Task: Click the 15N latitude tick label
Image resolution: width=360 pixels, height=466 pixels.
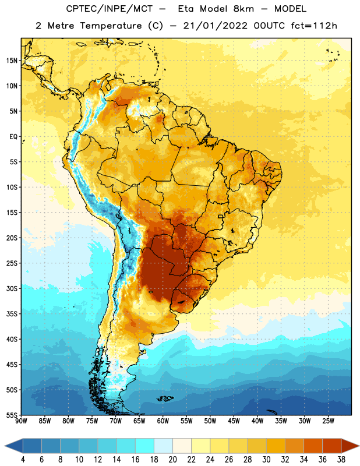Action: click(x=12, y=61)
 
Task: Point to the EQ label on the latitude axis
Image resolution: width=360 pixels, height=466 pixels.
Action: click(x=13, y=137)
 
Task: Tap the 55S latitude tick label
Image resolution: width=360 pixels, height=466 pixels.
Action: click(x=12, y=415)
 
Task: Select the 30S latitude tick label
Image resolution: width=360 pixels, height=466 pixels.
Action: click(x=12, y=288)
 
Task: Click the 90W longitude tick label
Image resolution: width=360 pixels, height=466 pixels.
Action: click(x=21, y=421)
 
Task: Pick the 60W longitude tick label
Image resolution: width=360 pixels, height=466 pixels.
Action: click(x=163, y=421)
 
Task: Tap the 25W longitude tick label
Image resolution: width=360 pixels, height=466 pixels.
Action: click(x=328, y=421)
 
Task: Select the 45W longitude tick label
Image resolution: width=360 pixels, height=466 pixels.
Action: click(x=234, y=421)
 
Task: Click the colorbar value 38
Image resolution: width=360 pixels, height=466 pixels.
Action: click(x=341, y=460)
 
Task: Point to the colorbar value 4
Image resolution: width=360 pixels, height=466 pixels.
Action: click(x=23, y=460)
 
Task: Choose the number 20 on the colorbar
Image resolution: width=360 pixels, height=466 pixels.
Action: click(x=172, y=460)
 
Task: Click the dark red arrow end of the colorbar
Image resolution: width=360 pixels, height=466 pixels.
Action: click(x=350, y=446)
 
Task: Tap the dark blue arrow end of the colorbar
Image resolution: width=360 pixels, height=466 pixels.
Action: click(x=13, y=446)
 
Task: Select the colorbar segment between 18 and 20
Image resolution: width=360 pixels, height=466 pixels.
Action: click(x=163, y=446)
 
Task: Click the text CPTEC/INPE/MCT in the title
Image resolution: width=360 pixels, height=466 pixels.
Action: click(x=109, y=9)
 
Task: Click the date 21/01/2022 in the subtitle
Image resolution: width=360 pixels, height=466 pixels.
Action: click(x=215, y=26)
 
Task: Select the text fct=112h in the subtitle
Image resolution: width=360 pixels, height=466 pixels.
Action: click(x=314, y=26)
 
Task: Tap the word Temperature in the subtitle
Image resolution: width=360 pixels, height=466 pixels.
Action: click(x=111, y=26)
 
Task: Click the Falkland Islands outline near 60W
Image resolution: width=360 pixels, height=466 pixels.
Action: click(x=165, y=398)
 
